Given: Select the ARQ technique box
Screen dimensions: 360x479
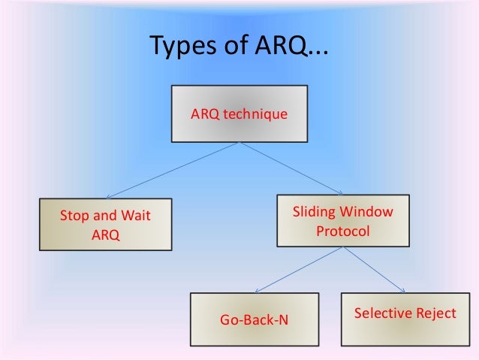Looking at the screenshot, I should click(x=239, y=115).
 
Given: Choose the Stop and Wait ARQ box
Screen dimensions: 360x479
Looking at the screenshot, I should click(x=105, y=225).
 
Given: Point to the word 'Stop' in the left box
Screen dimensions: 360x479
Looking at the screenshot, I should click(x=74, y=216).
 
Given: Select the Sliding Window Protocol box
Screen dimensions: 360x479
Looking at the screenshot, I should click(x=342, y=222).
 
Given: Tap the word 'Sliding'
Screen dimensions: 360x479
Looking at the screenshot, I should click(x=315, y=212).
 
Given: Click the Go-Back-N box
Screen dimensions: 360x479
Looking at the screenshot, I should click(x=254, y=319).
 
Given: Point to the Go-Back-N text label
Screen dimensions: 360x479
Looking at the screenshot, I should click(x=254, y=321).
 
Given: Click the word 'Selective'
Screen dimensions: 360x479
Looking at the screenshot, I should click(x=382, y=313).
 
